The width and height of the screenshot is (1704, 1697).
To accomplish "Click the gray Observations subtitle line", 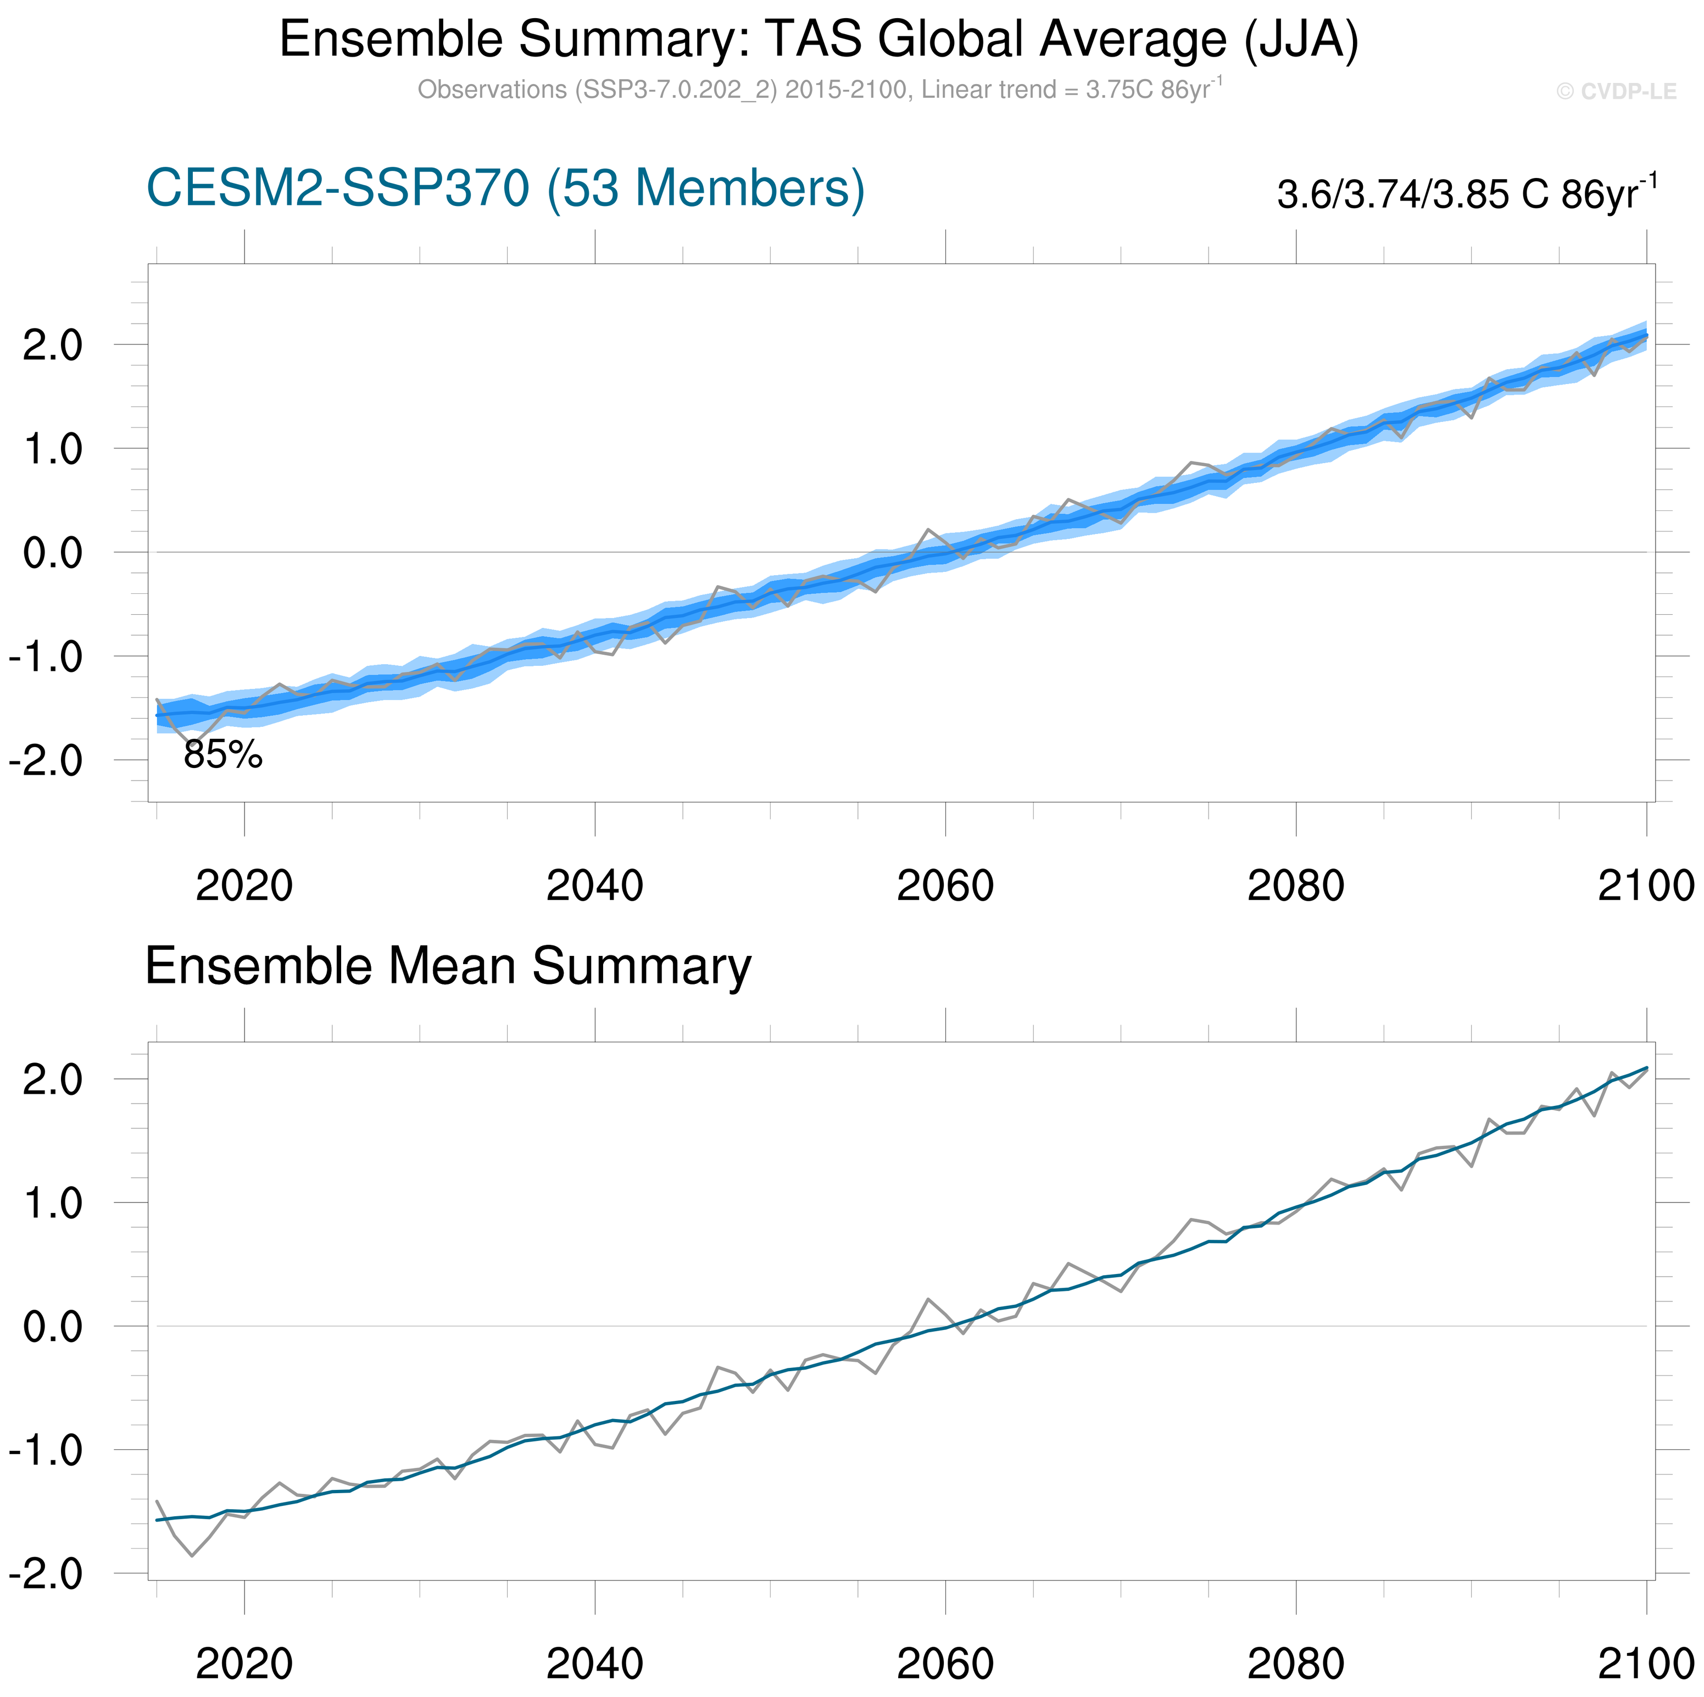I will click(x=818, y=90).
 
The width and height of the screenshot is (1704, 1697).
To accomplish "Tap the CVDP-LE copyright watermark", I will click(x=1616, y=92).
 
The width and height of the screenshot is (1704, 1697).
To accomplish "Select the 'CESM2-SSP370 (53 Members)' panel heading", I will click(x=505, y=189).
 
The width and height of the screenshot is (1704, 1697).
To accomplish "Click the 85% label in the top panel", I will click(x=223, y=755).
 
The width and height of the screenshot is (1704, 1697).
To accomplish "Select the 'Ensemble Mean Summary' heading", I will click(x=448, y=966).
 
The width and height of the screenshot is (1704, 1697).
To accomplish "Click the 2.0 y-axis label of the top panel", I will click(x=52, y=345).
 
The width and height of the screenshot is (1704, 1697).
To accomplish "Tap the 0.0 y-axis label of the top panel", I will click(x=52, y=553).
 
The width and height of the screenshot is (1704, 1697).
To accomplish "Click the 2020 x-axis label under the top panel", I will click(x=244, y=886).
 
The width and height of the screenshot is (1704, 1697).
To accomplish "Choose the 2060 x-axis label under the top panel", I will click(x=945, y=886).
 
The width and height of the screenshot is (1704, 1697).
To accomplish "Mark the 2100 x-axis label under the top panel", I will click(x=1646, y=886).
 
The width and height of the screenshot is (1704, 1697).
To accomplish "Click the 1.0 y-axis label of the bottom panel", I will click(x=52, y=1203).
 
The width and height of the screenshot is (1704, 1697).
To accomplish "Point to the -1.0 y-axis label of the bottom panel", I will click(x=46, y=1450).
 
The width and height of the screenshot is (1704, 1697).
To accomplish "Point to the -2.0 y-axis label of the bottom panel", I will click(x=46, y=1573).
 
